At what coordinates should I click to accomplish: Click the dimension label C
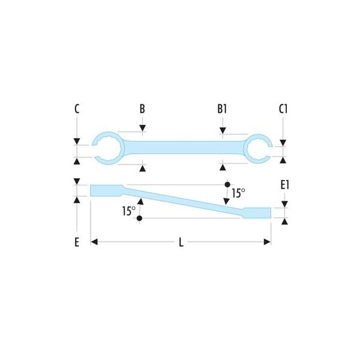[x=77, y=109]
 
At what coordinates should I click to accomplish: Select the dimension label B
[x=142, y=109]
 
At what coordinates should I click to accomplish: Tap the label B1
[x=222, y=109]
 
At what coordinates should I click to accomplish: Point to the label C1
[x=283, y=109]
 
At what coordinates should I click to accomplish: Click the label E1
[x=285, y=185]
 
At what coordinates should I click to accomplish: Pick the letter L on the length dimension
[x=181, y=242]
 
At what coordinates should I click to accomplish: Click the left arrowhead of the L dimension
[x=94, y=242]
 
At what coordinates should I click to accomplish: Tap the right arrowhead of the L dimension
[x=267, y=242]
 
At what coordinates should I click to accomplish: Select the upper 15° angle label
[x=238, y=193]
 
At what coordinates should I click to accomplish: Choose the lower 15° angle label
[x=129, y=211]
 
